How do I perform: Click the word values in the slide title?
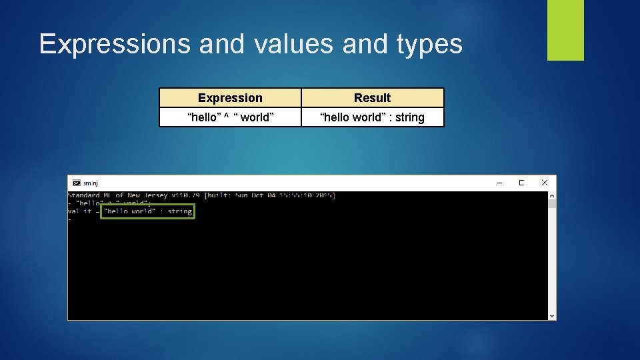(x=293, y=44)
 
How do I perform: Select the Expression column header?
(x=230, y=98)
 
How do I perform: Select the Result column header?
(x=372, y=98)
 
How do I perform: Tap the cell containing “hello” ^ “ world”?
(x=230, y=117)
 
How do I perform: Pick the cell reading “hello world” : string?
(x=372, y=117)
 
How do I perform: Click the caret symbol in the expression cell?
(x=227, y=117)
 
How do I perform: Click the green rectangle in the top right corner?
(x=565, y=30)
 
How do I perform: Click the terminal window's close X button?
(x=544, y=183)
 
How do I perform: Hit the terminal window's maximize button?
(x=521, y=183)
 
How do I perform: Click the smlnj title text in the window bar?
(x=90, y=183)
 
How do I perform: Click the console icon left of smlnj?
(x=76, y=183)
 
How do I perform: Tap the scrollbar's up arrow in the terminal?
(x=551, y=196)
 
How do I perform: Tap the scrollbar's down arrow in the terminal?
(x=551, y=315)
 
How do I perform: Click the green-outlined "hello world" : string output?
(x=147, y=211)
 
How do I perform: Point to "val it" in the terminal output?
(x=79, y=211)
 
